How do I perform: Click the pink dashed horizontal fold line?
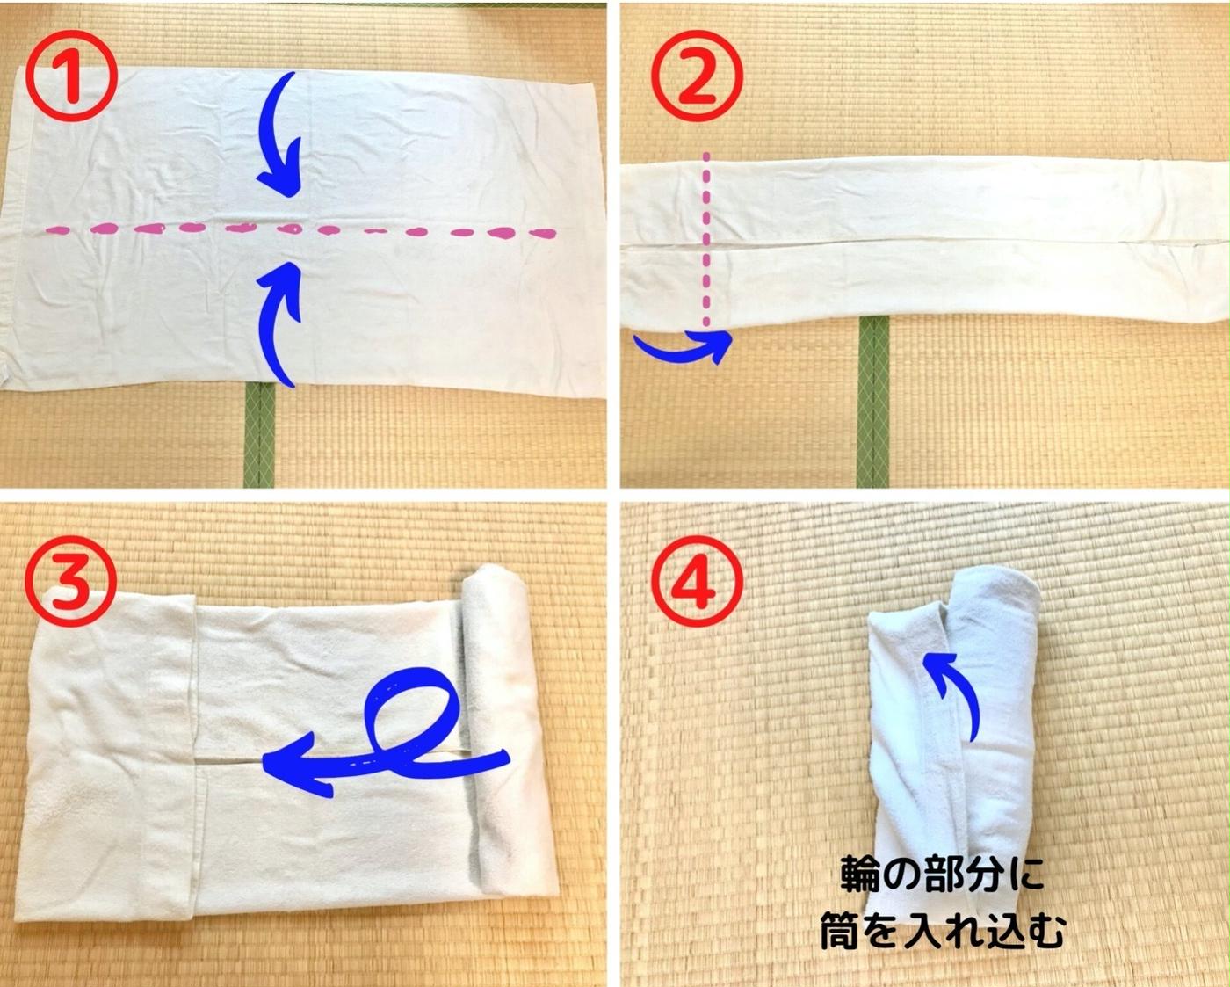[x=300, y=232]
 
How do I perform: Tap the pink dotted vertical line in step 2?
[x=707, y=239]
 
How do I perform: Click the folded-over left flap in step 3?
[x=109, y=755]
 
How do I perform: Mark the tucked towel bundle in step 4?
[x=953, y=744]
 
